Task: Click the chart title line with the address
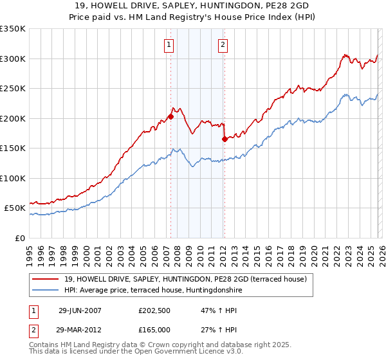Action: [x=192, y=6]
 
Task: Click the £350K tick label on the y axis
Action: [x=13, y=29]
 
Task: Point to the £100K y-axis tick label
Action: [x=13, y=178]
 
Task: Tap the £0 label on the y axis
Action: [x=19, y=238]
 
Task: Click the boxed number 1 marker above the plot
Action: [x=169, y=44]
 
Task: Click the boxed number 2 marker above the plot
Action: [x=223, y=44]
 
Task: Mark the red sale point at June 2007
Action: [x=170, y=116]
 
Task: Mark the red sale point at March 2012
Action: [x=225, y=139]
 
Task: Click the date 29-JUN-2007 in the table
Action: [x=80, y=310]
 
